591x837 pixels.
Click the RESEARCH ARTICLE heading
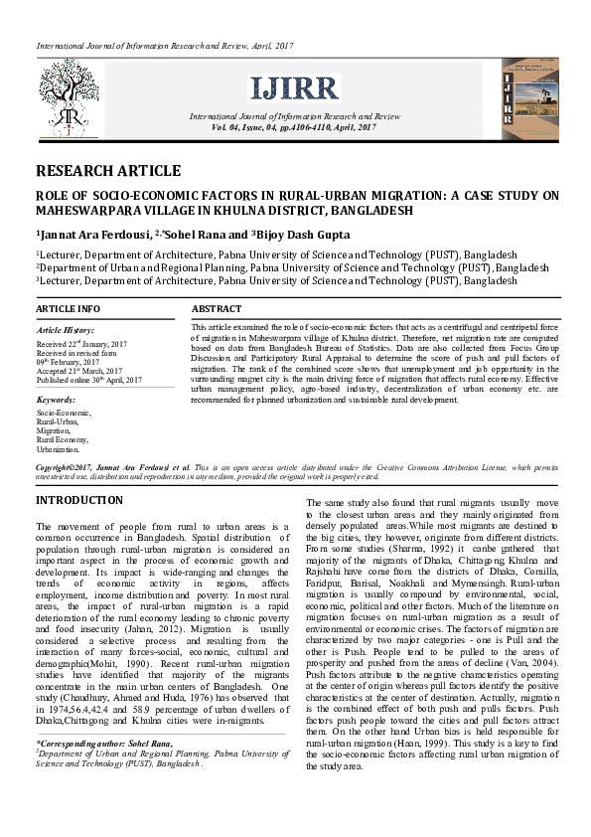click(x=108, y=171)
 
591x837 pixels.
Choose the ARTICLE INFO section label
click(x=69, y=309)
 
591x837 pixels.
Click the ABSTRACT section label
click(x=217, y=309)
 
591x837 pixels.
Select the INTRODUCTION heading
click(x=79, y=500)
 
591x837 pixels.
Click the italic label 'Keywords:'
click(x=56, y=399)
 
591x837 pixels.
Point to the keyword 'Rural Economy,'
click(x=63, y=439)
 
